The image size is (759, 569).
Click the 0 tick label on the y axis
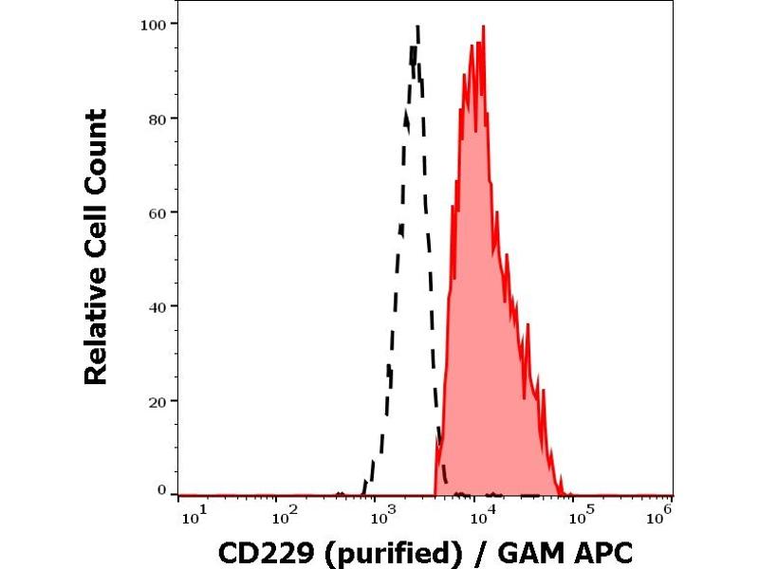pos(162,490)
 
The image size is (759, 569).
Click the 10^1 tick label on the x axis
pos(189,515)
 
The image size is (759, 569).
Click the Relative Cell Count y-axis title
pos(96,247)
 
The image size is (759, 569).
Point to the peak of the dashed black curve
pos(417,28)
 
